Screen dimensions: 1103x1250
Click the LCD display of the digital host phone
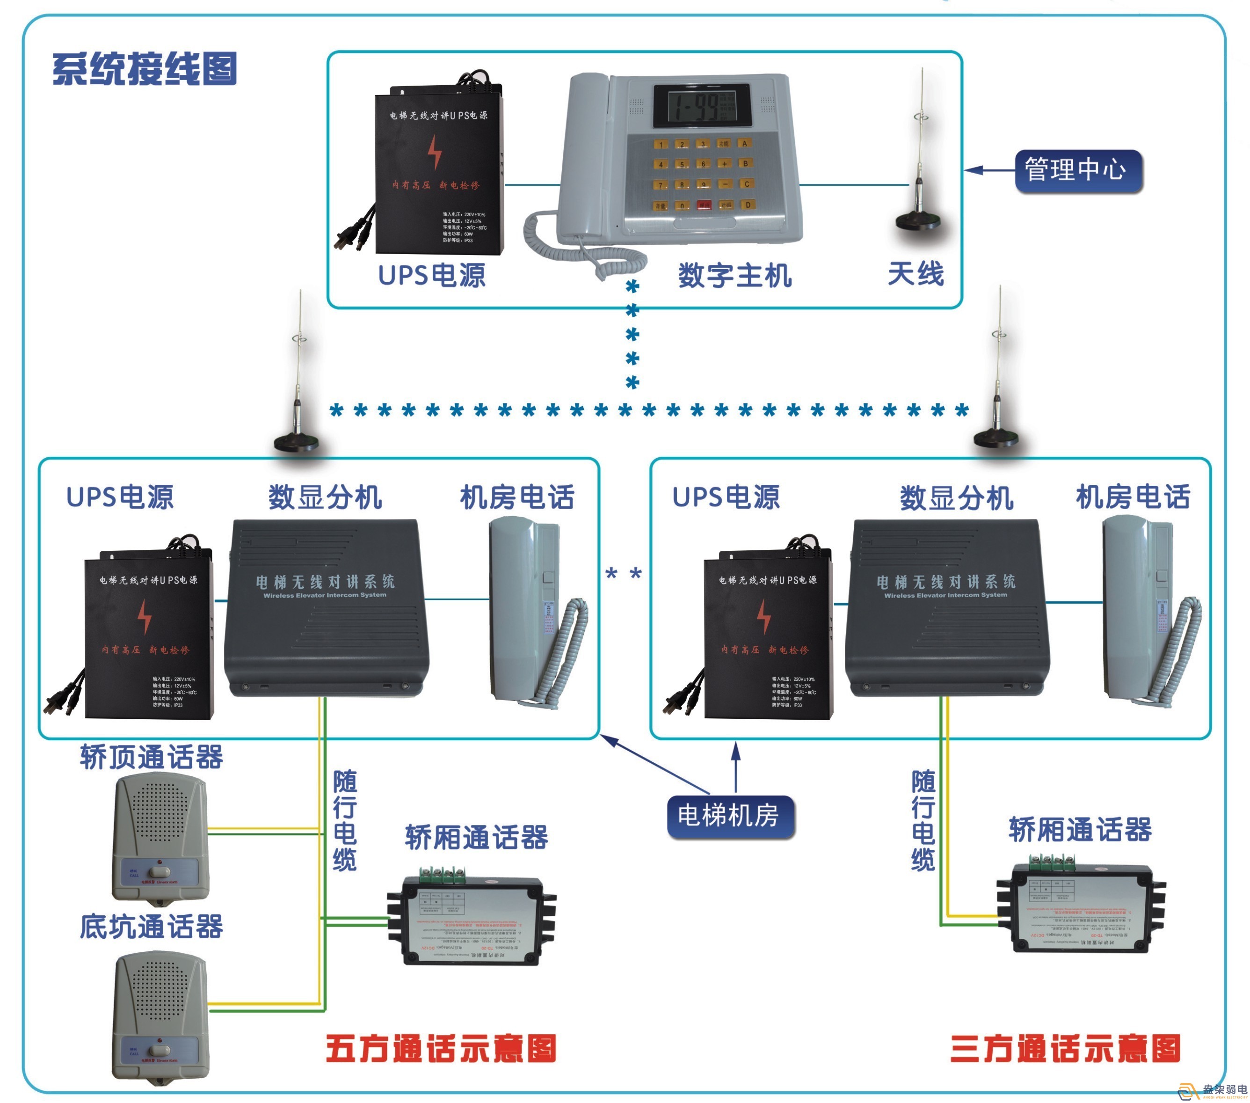(x=701, y=106)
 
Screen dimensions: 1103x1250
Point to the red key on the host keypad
(x=705, y=205)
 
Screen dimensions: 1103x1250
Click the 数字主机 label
(x=734, y=275)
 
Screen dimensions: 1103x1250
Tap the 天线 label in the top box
(x=916, y=273)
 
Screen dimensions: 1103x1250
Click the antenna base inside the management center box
(x=917, y=220)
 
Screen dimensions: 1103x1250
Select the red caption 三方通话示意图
(x=1065, y=1049)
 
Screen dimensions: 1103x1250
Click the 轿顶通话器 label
(x=152, y=757)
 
